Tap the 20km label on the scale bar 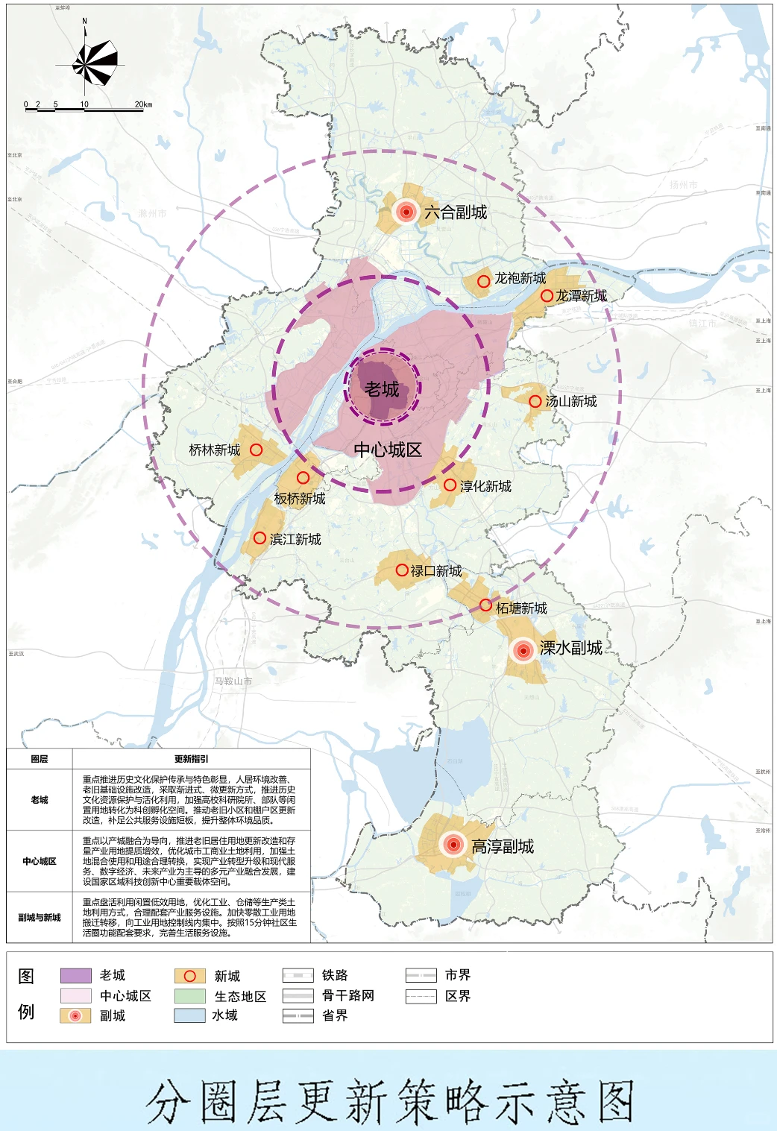click(143, 104)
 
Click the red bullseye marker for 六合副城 click(406, 212)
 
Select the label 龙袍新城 click(520, 279)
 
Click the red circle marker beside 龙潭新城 click(547, 296)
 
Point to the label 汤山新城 click(571, 402)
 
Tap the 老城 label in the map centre click(382, 389)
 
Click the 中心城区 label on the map click(388, 450)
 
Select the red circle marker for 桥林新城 click(256, 450)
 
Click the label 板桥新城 click(300, 499)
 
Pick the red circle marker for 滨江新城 click(259, 538)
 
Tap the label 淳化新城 click(485, 487)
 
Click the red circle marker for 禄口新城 click(402, 570)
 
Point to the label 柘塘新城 click(521, 608)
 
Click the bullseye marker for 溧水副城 click(523, 650)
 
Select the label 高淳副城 click(503, 846)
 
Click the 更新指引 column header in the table click(192, 759)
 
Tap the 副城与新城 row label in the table click(40, 918)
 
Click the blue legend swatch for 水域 click(189, 1015)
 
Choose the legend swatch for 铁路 click(298, 975)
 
